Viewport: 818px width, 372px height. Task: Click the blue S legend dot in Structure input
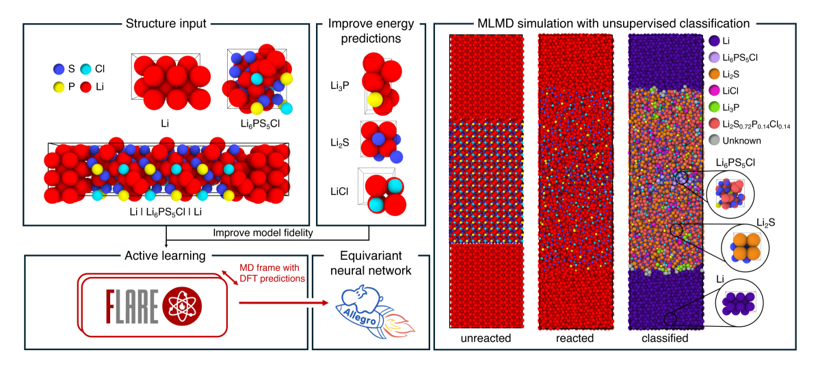tap(59, 69)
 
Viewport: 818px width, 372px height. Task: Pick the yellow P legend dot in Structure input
tap(59, 88)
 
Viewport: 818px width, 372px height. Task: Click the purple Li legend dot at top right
tap(714, 40)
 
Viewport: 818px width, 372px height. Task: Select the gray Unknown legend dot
tap(714, 140)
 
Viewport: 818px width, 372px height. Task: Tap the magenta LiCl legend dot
tap(714, 90)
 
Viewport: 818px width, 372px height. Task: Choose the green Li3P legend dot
tap(714, 107)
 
